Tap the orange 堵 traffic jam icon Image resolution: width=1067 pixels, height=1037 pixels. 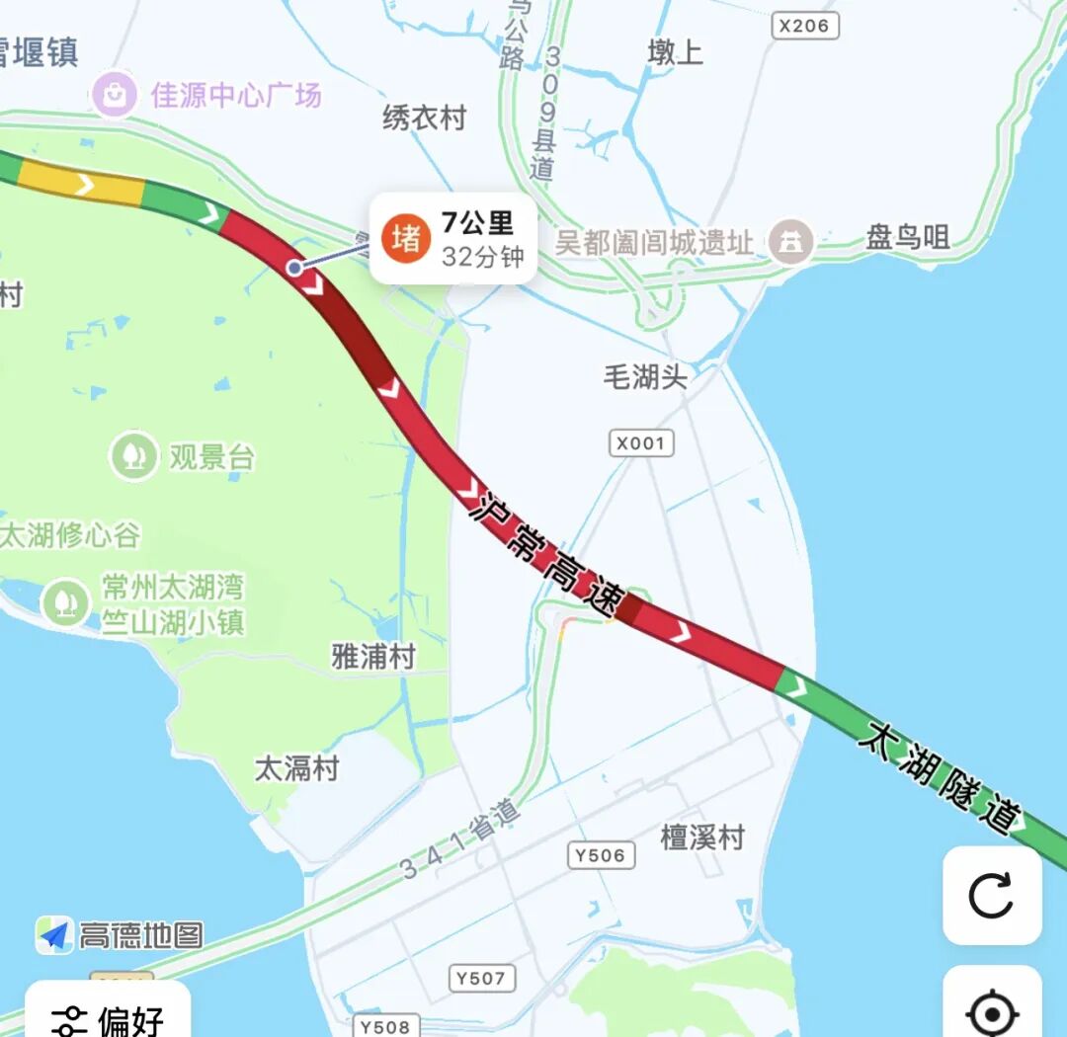(x=406, y=238)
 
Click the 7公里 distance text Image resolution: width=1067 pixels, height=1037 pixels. (x=477, y=223)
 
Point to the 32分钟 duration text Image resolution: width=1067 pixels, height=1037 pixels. (x=482, y=257)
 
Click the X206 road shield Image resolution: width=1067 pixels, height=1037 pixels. (x=803, y=26)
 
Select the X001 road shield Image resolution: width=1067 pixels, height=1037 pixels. (x=640, y=443)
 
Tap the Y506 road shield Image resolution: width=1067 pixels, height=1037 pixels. (x=601, y=855)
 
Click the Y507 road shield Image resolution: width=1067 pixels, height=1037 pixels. (x=480, y=978)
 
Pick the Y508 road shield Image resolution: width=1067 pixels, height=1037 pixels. (x=384, y=1026)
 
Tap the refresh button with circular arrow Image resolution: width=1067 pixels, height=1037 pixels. (x=991, y=896)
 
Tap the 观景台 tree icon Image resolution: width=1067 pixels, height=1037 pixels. (x=132, y=455)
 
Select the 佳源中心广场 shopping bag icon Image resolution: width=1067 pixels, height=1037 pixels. (x=116, y=96)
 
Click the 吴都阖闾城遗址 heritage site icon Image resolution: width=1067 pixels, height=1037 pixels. (x=790, y=241)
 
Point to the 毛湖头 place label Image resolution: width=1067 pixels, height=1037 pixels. (x=645, y=376)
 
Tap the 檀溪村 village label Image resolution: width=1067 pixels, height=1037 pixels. (x=701, y=838)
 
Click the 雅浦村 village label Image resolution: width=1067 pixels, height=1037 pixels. (x=372, y=657)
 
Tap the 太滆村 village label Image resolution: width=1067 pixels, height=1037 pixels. (x=296, y=768)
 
